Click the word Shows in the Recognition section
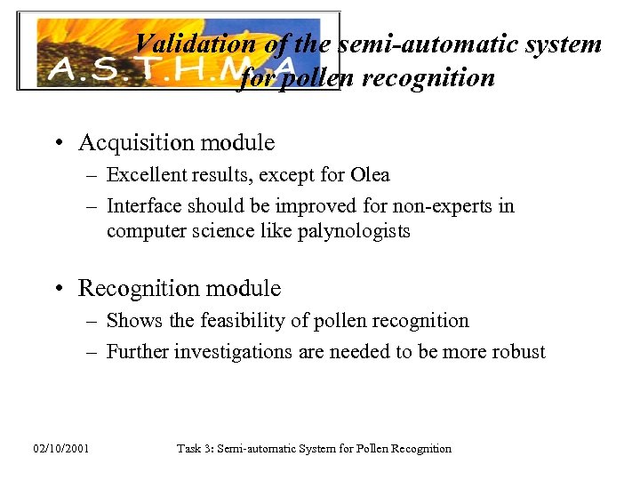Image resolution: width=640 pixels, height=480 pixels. (x=131, y=321)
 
